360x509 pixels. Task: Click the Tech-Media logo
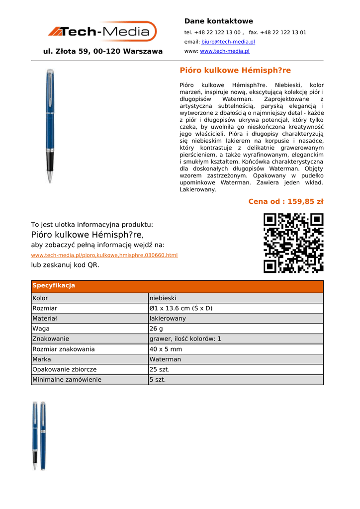point(102,31)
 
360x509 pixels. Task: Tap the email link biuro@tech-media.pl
point(228,42)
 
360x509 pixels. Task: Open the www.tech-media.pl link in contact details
point(224,51)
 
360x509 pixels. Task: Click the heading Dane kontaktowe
point(218,21)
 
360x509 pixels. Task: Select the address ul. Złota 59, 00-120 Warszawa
point(103,51)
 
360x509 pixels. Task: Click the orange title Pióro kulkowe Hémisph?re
point(235,70)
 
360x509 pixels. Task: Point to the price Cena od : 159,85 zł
point(285,201)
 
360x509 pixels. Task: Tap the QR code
point(293,243)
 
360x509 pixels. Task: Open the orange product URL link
point(104,255)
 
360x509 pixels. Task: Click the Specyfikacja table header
point(54,286)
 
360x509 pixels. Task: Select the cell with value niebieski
point(163,298)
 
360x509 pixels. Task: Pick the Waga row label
point(41,329)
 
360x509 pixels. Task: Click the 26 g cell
point(156,329)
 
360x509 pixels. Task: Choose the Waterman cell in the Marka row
point(165,359)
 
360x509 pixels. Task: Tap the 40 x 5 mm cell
point(166,349)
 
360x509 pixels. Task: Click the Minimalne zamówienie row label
point(67,380)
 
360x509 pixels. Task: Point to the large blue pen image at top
point(50,126)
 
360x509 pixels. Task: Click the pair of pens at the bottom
point(39,435)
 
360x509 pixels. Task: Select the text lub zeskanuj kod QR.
point(65,265)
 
